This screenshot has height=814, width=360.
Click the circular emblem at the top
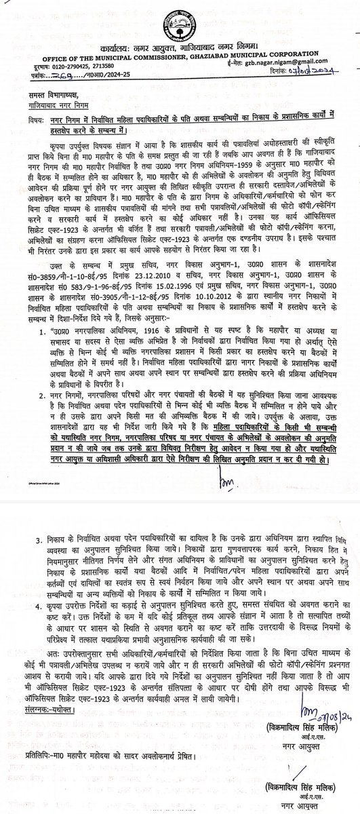[180, 21]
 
